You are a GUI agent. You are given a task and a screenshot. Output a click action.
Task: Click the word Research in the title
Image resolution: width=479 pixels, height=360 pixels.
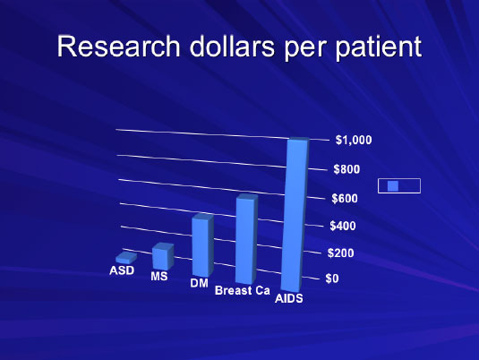[x=118, y=47]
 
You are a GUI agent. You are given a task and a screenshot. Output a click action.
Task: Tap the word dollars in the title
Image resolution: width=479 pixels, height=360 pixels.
[x=232, y=46]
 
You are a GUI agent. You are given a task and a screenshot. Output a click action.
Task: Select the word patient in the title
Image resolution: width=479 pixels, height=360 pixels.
[x=379, y=47]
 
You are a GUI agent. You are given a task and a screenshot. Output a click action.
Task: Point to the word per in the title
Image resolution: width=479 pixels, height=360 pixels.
[x=305, y=49]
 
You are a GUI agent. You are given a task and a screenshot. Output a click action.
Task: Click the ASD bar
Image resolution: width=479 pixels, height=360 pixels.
[x=126, y=258]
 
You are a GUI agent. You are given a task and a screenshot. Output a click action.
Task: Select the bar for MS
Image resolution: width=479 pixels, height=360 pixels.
[x=163, y=256]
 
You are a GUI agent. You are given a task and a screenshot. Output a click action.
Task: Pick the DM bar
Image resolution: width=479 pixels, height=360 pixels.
[x=202, y=245]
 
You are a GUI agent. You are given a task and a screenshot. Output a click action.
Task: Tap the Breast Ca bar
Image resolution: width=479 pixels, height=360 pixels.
[x=246, y=239]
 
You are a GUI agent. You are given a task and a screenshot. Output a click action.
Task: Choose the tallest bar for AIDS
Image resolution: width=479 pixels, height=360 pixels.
[x=295, y=214]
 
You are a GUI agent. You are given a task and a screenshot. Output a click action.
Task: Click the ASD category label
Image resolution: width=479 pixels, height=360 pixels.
[x=122, y=270]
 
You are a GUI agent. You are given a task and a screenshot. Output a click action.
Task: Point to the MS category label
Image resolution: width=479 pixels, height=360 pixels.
[x=159, y=277]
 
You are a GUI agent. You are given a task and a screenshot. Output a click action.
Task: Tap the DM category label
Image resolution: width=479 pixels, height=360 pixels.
[x=199, y=283]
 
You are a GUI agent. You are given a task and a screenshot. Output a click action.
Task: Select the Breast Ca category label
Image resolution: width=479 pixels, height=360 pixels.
[x=243, y=290]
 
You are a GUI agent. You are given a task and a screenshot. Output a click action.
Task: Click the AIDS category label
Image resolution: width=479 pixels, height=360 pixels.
[x=289, y=298]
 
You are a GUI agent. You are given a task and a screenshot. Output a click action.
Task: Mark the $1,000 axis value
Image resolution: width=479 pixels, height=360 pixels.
[x=354, y=140]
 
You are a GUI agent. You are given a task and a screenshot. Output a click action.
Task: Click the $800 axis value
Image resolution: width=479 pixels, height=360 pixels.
[x=346, y=169]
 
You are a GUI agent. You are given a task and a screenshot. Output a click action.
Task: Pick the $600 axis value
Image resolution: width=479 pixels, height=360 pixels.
[x=345, y=199]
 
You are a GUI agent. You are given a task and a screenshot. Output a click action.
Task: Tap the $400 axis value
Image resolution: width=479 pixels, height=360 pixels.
[x=343, y=226]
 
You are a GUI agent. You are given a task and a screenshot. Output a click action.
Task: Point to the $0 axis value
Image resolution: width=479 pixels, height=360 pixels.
[x=332, y=279]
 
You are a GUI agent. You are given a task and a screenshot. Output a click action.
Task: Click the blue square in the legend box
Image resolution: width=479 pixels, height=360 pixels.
[x=393, y=185]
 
